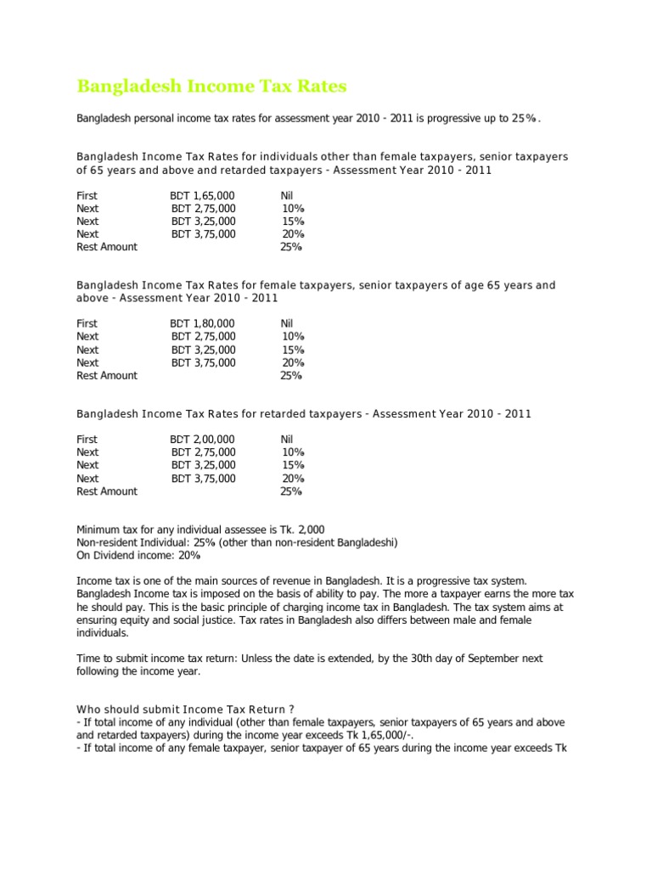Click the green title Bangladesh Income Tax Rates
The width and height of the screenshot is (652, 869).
coord(211,87)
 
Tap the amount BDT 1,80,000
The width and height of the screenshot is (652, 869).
coord(202,323)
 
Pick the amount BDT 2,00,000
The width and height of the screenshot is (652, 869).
coord(202,439)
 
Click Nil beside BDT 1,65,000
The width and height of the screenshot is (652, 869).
coord(286,195)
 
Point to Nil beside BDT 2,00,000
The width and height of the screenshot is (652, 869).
coord(286,439)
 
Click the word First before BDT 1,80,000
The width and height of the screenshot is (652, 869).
coord(87,323)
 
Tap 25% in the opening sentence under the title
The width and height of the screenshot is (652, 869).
coord(524,118)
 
